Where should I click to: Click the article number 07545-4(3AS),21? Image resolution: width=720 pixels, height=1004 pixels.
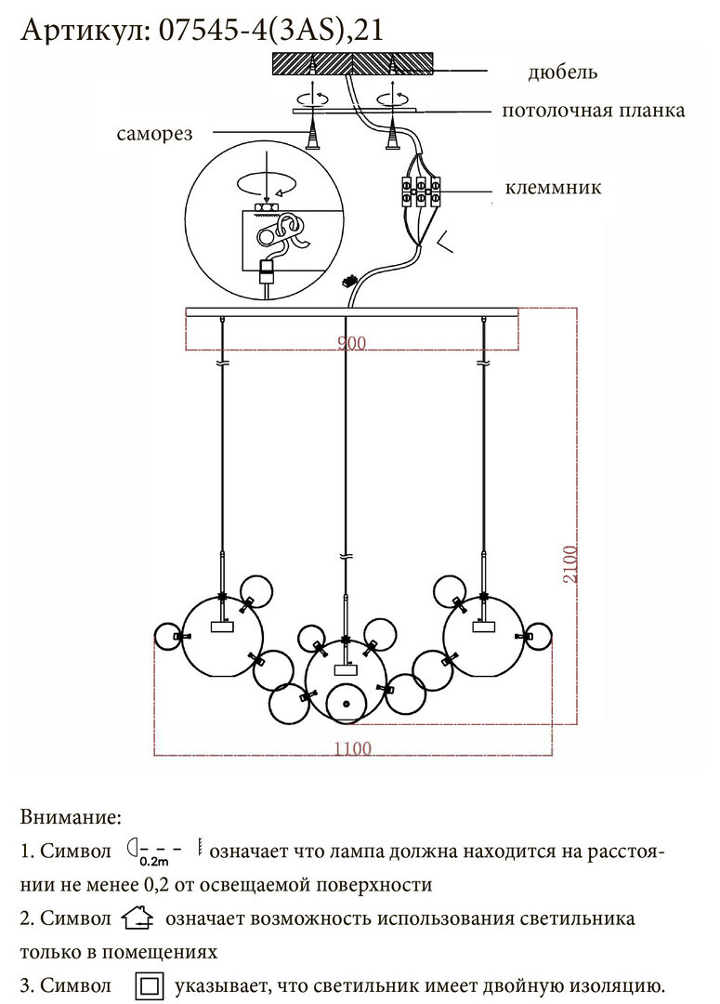click(x=270, y=30)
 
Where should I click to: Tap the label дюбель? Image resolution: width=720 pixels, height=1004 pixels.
click(x=563, y=72)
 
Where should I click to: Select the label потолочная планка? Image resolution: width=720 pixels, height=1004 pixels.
click(x=594, y=110)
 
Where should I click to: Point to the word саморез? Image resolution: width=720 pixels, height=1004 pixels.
click(x=154, y=134)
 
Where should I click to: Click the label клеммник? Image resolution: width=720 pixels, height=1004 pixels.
click(x=553, y=188)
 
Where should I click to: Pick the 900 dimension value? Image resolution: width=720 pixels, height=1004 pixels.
click(x=351, y=343)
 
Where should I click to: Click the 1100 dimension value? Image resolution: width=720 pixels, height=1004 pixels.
click(x=353, y=747)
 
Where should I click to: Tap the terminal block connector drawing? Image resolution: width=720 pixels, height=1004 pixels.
click(x=421, y=191)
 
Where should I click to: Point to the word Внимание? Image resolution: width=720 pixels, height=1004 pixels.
click(x=71, y=817)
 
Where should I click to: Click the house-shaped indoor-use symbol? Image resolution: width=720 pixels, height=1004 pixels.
click(x=137, y=918)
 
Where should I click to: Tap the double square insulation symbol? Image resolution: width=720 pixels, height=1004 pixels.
click(x=150, y=985)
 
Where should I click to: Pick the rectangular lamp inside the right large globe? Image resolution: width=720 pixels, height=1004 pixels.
click(x=483, y=626)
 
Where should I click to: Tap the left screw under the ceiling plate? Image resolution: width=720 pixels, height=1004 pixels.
click(x=313, y=133)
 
